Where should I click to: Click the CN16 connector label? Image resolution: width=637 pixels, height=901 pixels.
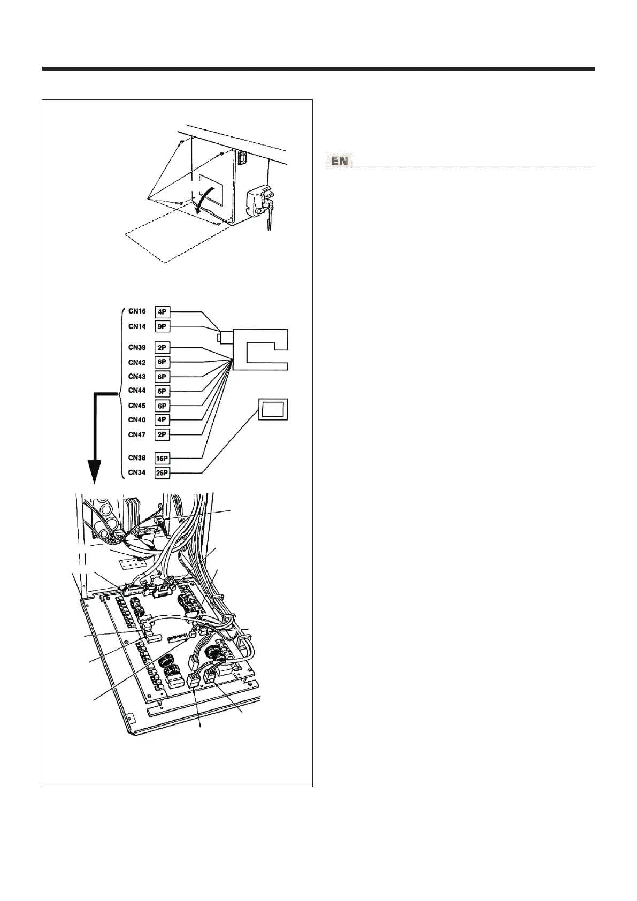point(137,311)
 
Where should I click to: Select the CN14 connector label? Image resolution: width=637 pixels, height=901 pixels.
point(137,326)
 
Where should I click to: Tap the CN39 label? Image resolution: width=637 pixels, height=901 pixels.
point(137,348)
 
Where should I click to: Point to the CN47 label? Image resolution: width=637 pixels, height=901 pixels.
point(137,435)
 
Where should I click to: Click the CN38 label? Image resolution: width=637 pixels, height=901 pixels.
point(137,458)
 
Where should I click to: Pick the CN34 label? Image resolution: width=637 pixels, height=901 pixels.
point(137,472)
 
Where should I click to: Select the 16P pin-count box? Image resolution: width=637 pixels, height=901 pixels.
point(162,459)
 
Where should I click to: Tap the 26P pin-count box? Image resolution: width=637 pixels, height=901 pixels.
point(162,473)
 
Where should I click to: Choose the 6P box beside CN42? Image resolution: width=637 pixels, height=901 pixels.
point(162,362)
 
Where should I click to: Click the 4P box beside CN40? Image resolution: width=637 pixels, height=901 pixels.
point(162,420)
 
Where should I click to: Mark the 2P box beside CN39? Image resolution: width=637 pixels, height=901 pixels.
point(162,348)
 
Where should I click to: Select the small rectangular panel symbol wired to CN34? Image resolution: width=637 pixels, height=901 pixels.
point(273,409)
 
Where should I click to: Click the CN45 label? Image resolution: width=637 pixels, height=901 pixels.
point(137,406)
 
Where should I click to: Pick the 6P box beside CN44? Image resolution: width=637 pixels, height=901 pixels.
point(162,391)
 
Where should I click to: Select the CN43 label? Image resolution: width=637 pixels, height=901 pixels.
point(137,377)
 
